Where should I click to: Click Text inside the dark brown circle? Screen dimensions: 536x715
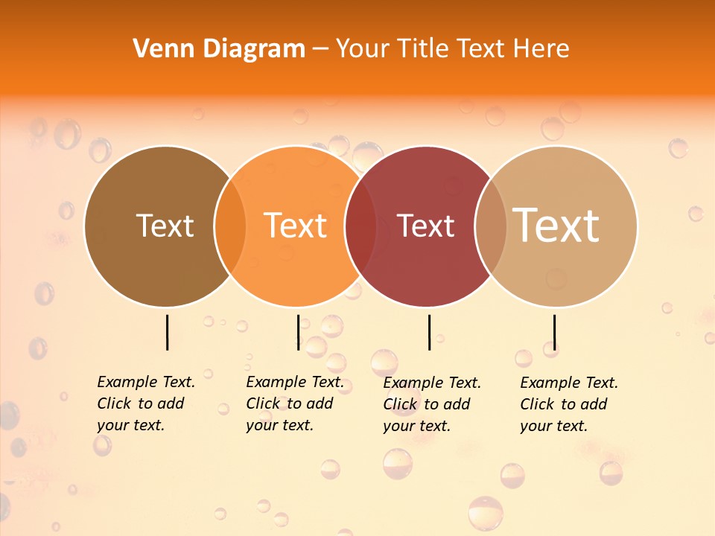[x=165, y=226]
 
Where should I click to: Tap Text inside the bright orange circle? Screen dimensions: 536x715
[x=296, y=226]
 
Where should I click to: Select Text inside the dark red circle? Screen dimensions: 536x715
[x=426, y=226]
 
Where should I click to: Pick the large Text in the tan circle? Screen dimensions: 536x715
[x=556, y=225]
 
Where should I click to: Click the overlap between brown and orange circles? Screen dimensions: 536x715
[x=230, y=226]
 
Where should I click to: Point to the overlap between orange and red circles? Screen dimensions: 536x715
[x=360, y=226]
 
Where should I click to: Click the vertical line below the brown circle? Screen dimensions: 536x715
[x=167, y=332]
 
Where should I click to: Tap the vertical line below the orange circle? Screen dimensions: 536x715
[x=298, y=332]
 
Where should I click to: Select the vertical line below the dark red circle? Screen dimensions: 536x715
[x=430, y=332]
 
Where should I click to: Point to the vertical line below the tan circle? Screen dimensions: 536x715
[x=555, y=332]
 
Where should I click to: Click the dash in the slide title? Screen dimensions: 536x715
[x=320, y=50]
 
